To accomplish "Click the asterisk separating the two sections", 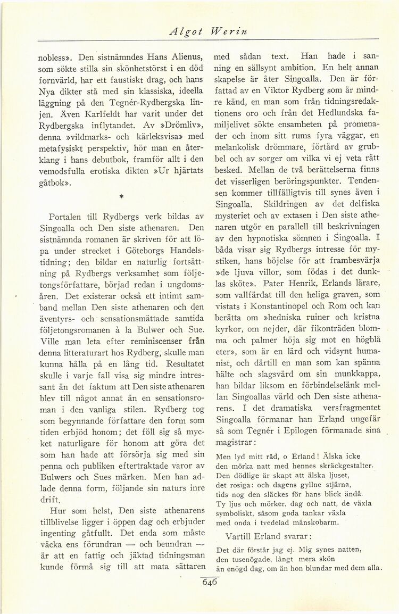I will tap(121, 198).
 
